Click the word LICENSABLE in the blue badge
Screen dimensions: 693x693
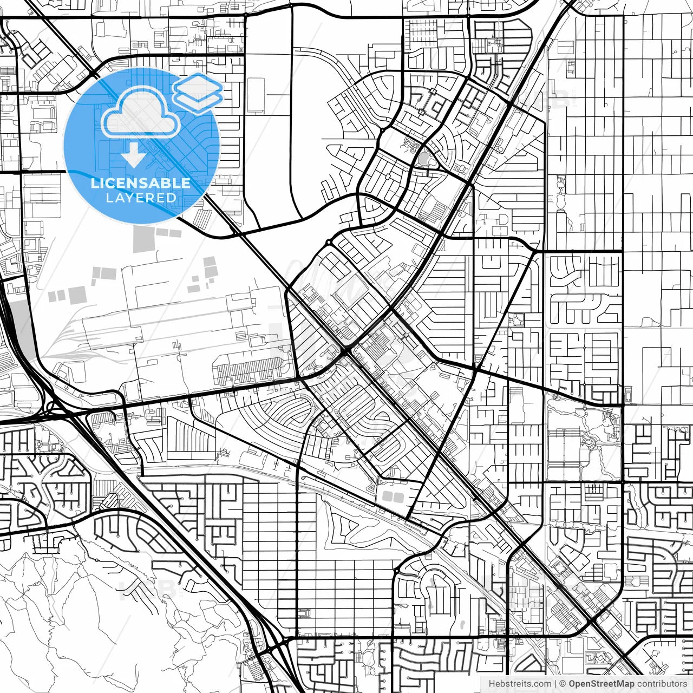point(141,183)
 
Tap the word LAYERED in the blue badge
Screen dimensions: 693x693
point(141,198)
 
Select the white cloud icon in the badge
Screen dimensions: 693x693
point(141,112)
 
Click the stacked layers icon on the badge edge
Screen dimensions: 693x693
point(198,92)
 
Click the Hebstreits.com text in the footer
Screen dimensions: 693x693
point(520,684)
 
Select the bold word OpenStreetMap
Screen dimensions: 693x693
point(601,684)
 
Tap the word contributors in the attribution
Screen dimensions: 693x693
point(662,684)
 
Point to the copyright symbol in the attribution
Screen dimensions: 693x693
point(563,684)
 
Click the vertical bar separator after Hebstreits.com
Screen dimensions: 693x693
point(556,684)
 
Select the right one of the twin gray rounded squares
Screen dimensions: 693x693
point(399,496)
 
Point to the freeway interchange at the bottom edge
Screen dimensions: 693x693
point(273,647)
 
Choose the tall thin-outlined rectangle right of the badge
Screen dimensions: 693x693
point(256,95)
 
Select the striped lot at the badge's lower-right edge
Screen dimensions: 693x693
point(202,218)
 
